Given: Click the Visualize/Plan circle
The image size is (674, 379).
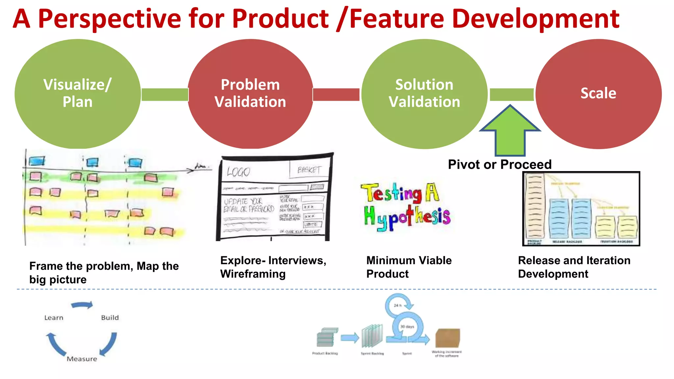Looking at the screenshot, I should tap(78, 94).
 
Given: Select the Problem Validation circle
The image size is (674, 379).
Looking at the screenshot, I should tap(250, 94).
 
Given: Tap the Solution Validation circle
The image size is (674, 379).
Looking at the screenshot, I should tap(424, 94).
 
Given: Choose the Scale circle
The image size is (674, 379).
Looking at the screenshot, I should tap(598, 94).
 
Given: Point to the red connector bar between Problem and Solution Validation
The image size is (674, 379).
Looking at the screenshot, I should tap(336, 94).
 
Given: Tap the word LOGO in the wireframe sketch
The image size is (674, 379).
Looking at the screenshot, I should tap(238, 172).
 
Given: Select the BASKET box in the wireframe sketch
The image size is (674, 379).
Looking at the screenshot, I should tap(309, 170).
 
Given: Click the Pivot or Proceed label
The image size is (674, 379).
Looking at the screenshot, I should tap(500, 164).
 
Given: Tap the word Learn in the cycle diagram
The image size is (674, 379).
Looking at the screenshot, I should tap(54, 318).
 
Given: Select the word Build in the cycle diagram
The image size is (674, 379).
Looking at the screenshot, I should tap(110, 318).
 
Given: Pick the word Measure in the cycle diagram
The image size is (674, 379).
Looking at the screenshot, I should tap(82, 359).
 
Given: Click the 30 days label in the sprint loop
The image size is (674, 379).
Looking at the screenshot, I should tap(407, 327).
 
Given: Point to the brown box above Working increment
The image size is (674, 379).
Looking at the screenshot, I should tap(447, 338).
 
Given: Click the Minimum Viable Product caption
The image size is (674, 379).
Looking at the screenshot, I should tap(409, 267).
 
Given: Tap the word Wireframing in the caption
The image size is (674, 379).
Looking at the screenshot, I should tap(253, 274).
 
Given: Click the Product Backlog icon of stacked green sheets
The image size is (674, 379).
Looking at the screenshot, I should tap(326, 338).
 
